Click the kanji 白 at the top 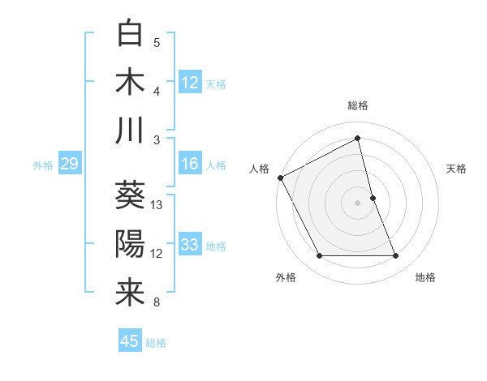pos(131,35)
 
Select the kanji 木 pos(131,83)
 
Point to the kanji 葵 pos(131,195)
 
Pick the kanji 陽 pos(131,244)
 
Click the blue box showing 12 pos(190,83)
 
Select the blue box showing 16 pos(190,164)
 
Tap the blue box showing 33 pos(190,245)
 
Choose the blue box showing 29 pos(69,164)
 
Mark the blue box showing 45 pos(130,341)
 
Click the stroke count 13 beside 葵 pos(157,205)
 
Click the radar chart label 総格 pos(358,106)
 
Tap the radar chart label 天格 pos(457,169)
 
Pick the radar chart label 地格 pos(425,277)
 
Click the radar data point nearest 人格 pos(280,178)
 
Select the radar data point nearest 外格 pos(319,256)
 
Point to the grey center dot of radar pos(358,202)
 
